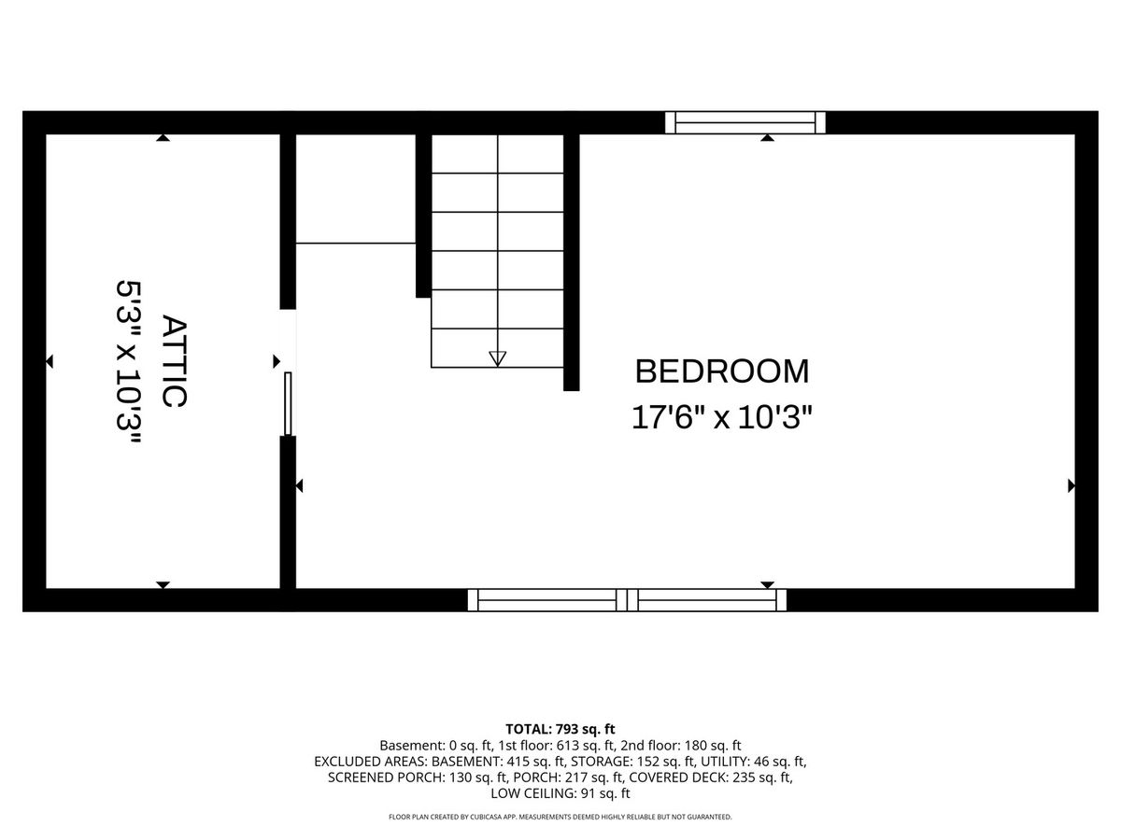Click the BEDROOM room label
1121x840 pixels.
pos(721,371)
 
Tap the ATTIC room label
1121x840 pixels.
pos(174,361)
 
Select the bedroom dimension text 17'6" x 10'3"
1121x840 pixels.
pos(721,417)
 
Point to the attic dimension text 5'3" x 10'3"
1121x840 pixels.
pos(128,361)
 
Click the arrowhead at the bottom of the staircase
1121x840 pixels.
pos(497,358)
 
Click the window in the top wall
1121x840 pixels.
pos(745,122)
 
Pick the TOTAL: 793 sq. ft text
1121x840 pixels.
pos(560,729)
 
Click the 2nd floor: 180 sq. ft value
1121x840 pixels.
pos(681,745)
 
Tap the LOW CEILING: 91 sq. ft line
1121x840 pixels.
pos(560,793)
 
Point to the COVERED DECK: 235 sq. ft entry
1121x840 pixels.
pos(711,777)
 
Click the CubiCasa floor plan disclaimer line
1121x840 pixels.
pos(560,817)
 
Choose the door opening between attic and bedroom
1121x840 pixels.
pos(288,372)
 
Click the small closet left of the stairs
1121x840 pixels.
pos(356,189)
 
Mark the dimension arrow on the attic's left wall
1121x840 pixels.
pos(50,361)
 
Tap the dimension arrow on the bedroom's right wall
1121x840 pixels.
pos(1071,486)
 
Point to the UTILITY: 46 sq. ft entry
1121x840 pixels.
pos(753,762)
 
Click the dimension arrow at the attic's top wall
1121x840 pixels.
pos(163,138)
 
